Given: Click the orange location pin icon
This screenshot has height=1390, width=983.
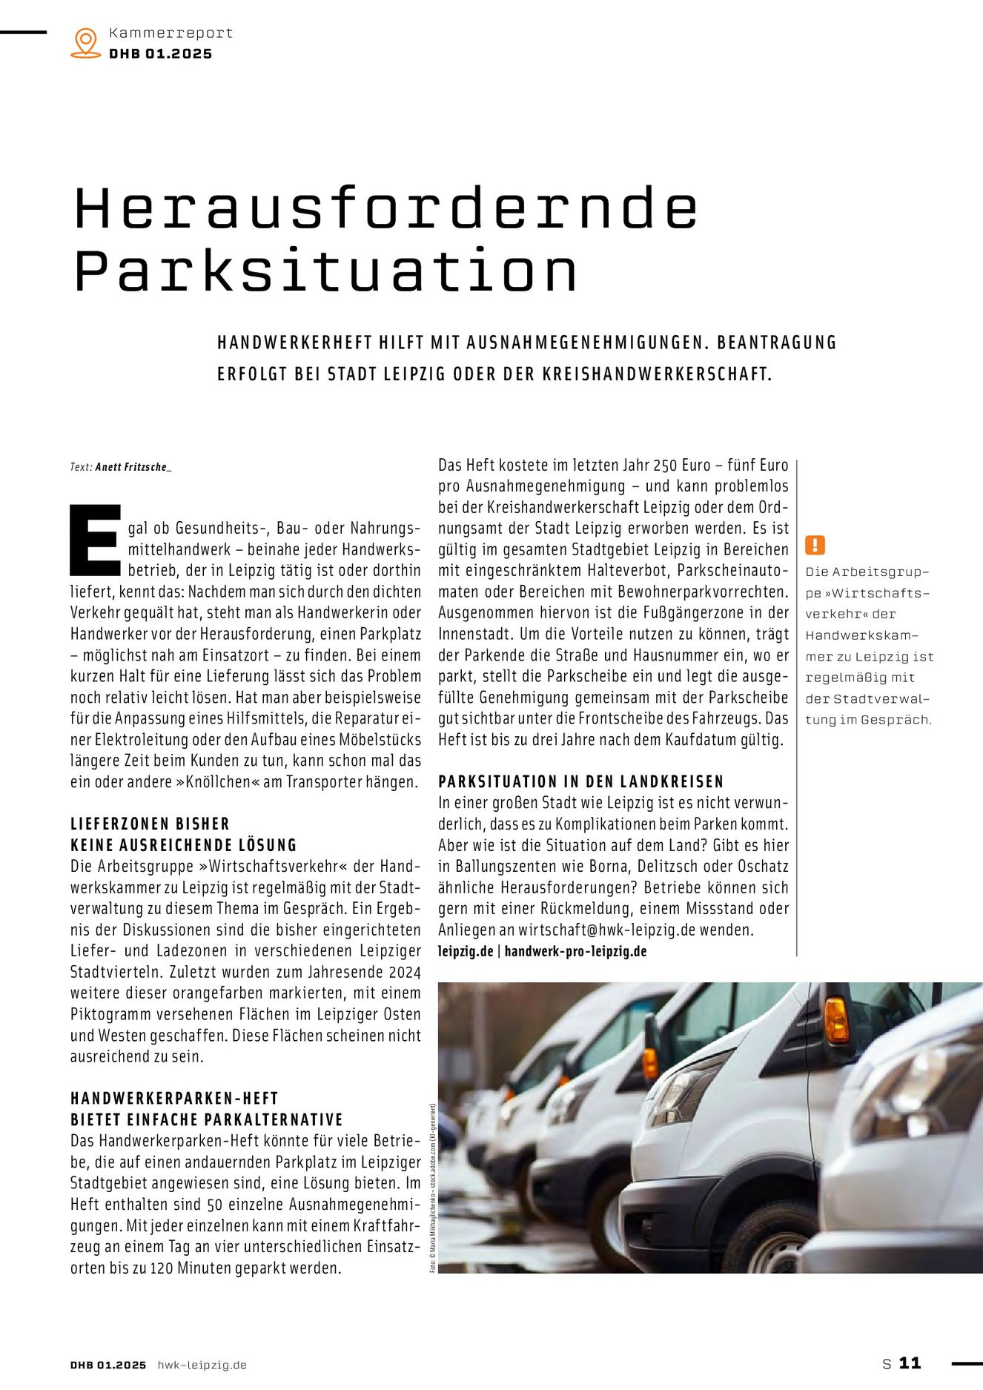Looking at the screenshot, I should click(86, 42).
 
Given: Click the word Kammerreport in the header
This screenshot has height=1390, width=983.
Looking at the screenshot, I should click(171, 33).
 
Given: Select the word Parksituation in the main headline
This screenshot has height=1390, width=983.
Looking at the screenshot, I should click(326, 271).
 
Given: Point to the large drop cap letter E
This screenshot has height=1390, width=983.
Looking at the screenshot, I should click(95, 540).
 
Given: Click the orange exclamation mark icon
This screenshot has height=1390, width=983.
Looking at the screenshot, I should click(815, 546).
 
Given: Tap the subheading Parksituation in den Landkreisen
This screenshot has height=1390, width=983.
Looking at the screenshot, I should click(580, 781).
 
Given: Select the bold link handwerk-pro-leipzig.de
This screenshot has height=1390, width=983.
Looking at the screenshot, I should click(575, 951).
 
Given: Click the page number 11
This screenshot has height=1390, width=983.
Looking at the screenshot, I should click(910, 1363).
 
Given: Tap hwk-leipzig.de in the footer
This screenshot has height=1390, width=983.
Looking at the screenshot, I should click(202, 1365).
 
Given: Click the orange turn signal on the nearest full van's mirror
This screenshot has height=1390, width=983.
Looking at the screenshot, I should click(836, 1020).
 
